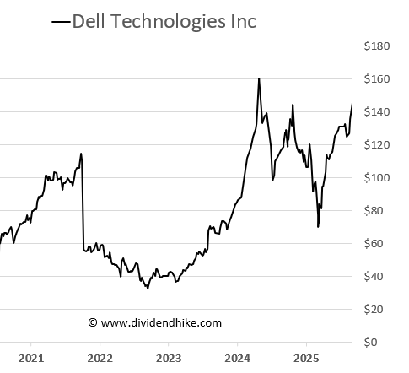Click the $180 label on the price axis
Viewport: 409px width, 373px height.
378,46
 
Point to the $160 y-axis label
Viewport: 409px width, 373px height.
378,79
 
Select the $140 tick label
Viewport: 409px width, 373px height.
378,112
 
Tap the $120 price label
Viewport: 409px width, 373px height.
378,145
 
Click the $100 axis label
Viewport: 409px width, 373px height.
378,178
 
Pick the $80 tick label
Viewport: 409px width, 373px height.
380,211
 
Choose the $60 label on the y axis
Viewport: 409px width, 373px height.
380,244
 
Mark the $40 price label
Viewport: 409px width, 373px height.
380,277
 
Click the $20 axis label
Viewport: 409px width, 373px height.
380,310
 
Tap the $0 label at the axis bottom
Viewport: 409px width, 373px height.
383,343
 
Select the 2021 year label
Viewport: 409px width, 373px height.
30,359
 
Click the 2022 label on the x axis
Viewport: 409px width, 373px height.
100,359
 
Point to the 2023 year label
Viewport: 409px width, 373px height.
168,359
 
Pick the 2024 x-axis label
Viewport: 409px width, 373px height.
237,359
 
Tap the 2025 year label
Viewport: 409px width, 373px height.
306,359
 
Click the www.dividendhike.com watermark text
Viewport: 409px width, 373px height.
154,322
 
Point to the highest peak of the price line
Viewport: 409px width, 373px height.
258,78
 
